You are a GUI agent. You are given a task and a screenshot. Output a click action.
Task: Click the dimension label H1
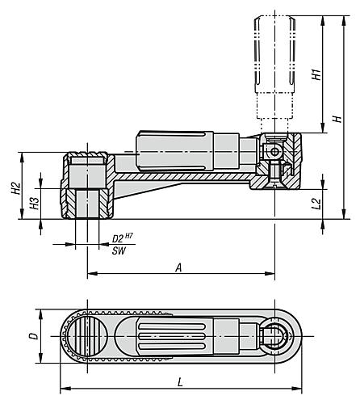click(316, 74)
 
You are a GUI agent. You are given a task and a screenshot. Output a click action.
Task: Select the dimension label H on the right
click(337, 119)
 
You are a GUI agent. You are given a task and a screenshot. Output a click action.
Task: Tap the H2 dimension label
click(16, 188)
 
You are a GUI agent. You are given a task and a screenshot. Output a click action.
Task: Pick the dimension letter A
click(178, 268)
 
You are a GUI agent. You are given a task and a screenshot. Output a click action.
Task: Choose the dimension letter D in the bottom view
click(33, 336)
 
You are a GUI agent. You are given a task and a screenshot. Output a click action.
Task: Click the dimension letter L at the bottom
click(180, 382)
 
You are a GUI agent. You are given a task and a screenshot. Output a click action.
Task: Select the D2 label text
click(118, 238)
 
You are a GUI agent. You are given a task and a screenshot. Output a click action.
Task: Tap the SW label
click(119, 251)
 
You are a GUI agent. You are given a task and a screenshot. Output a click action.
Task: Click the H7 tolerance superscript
click(129, 236)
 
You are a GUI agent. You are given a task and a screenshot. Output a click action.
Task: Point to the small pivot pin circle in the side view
click(274, 152)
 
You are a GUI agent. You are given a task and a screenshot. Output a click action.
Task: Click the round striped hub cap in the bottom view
click(87, 336)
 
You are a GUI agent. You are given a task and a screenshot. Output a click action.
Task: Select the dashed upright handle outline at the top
click(275, 67)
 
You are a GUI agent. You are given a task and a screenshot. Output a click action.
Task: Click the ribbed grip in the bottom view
click(175, 336)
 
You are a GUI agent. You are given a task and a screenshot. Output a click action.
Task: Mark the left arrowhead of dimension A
click(92, 274)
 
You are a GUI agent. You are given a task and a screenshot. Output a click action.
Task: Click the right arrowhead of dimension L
click(297, 389)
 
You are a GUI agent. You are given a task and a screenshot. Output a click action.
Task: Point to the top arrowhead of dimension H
click(344, 21)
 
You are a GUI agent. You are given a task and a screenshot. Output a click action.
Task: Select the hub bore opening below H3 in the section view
click(87, 204)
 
